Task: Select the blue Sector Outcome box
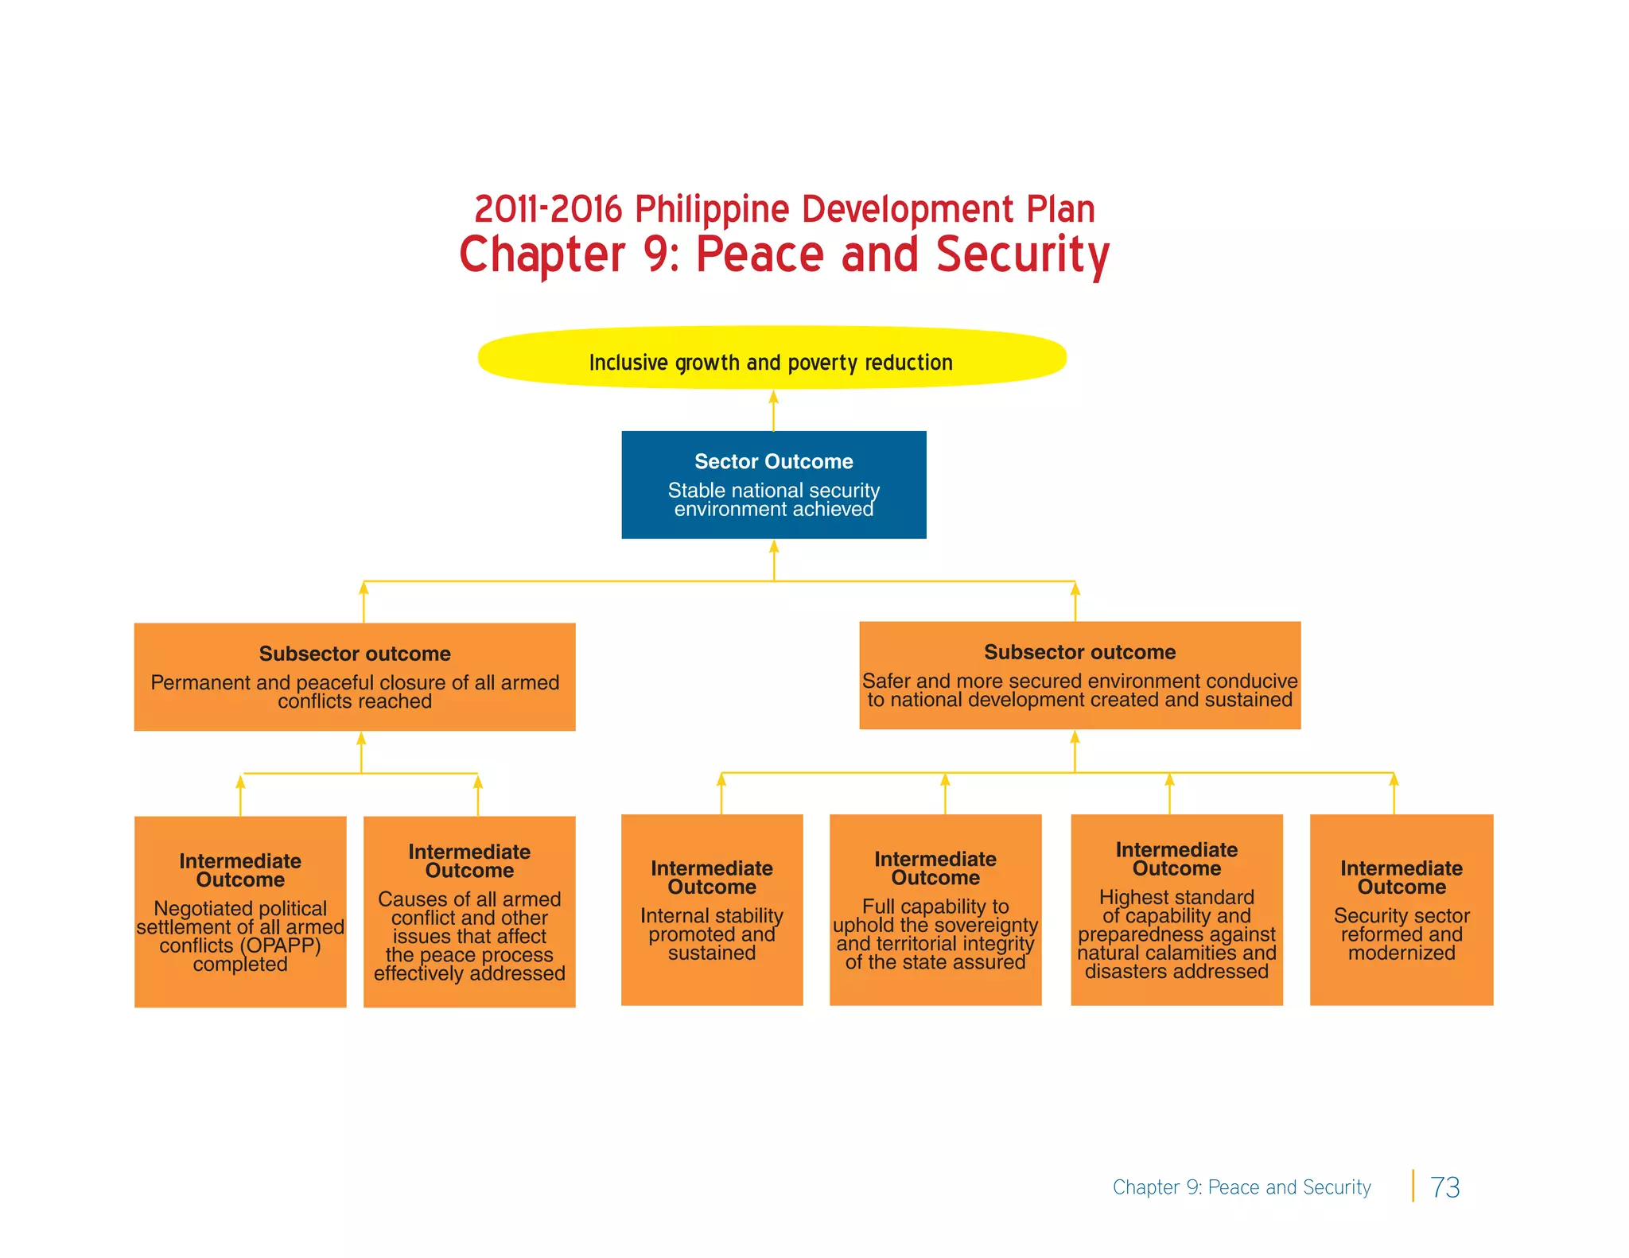click(x=773, y=484)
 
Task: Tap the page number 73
click(x=1444, y=1187)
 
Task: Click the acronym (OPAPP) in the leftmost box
click(x=281, y=945)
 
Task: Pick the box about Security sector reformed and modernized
click(x=1401, y=909)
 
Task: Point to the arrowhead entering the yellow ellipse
click(x=773, y=397)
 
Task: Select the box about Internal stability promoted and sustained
click(x=711, y=909)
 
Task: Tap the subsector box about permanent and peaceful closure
click(x=355, y=676)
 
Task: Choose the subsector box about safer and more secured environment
click(x=1079, y=674)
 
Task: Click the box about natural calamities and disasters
click(x=1176, y=909)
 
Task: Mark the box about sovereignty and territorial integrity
click(x=935, y=909)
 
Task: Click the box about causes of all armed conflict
click(x=469, y=911)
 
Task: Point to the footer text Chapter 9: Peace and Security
click(x=1241, y=1187)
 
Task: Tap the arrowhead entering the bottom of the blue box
click(x=773, y=547)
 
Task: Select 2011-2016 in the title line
click(x=548, y=209)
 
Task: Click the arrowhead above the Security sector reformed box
click(x=1394, y=780)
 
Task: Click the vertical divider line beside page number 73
click(x=1413, y=1186)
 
